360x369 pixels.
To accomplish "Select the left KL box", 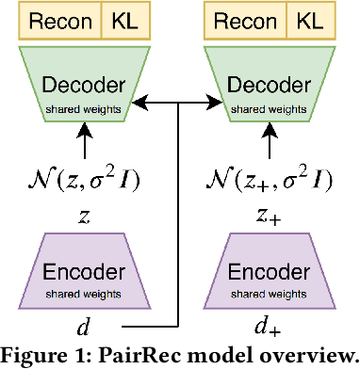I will [x=123, y=19].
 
